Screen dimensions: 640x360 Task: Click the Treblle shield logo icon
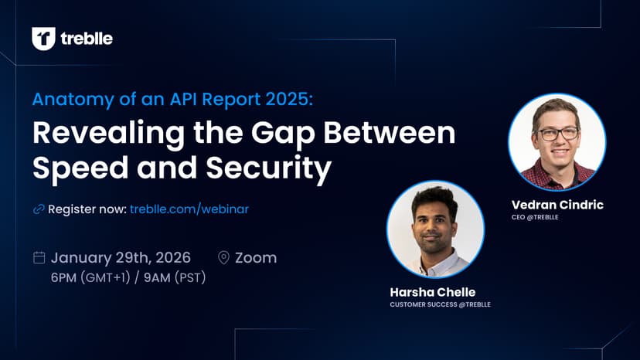(x=44, y=39)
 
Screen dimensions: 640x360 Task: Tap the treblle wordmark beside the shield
(x=87, y=39)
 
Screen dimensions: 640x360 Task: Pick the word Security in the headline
(x=268, y=168)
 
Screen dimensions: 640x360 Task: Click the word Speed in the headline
(x=80, y=168)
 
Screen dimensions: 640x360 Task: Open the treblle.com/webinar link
(x=189, y=209)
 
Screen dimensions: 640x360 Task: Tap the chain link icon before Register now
(x=39, y=209)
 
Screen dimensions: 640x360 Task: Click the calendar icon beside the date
(x=39, y=257)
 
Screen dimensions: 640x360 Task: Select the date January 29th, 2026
(x=121, y=257)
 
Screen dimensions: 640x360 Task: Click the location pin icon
(x=223, y=257)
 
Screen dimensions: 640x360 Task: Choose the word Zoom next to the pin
(x=256, y=258)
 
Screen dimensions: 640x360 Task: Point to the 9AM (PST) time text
(x=175, y=277)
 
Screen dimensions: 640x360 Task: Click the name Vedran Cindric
(x=557, y=205)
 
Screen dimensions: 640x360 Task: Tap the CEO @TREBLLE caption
(x=535, y=217)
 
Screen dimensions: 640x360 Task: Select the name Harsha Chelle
(x=433, y=292)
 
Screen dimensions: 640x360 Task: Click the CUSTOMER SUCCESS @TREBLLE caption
(x=441, y=304)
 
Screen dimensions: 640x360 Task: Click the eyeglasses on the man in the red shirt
(x=558, y=134)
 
